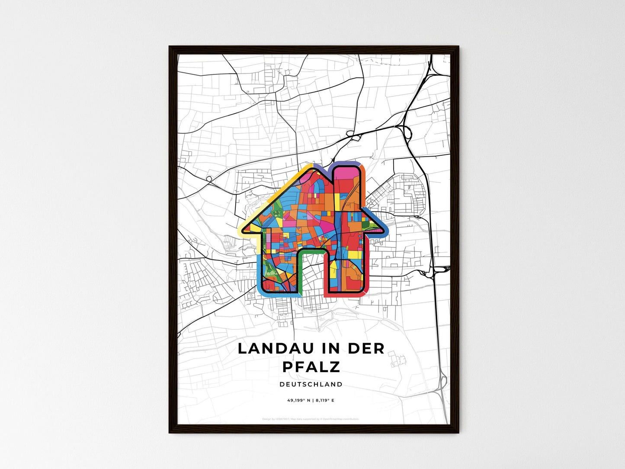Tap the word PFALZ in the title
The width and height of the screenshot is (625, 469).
[x=311, y=366]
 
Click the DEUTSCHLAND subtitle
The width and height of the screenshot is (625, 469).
[x=311, y=384]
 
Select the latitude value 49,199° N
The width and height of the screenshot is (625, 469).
[x=298, y=400]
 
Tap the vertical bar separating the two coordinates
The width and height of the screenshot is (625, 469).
[x=312, y=400]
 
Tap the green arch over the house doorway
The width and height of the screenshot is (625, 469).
[x=311, y=251]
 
